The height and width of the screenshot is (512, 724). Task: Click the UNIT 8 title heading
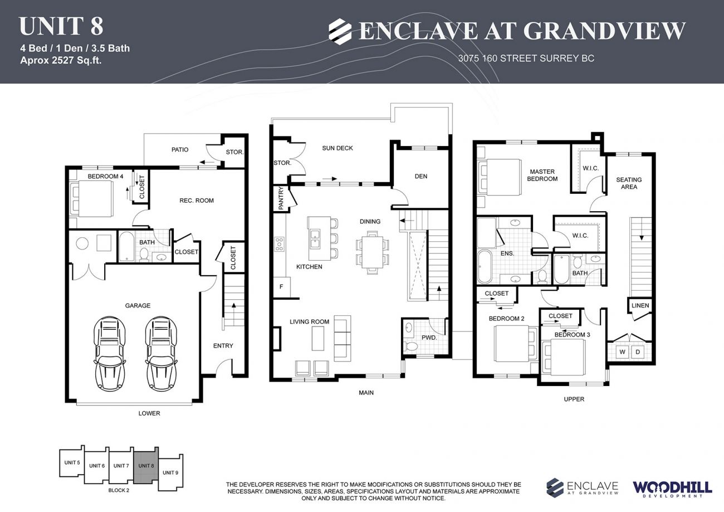coord(61,26)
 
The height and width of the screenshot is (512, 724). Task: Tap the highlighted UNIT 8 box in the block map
coord(146,465)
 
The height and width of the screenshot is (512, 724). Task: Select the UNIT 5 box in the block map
coord(72,462)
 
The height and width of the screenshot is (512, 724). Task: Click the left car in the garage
coord(110,354)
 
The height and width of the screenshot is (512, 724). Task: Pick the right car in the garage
coord(161,354)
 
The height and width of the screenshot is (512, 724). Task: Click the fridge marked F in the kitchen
coord(281,287)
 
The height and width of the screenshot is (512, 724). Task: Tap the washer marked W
coord(622,352)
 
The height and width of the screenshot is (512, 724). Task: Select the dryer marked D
coord(638,352)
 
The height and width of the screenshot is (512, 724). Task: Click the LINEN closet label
coord(640,305)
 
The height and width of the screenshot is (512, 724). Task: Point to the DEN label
coord(421,176)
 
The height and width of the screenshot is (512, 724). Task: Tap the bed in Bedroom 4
coord(93,198)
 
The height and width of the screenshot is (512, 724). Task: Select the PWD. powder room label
coord(428,338)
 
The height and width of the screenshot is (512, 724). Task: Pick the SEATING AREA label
coord(629,183)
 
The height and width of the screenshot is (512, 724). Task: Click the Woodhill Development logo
coord(672,488)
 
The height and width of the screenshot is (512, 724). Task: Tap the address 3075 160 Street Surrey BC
coord(526,58)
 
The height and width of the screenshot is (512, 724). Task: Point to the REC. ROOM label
coord(196,201)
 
